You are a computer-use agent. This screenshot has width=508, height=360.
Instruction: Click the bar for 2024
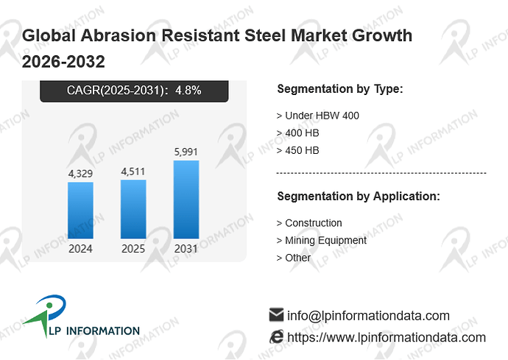click(x=81, y=211)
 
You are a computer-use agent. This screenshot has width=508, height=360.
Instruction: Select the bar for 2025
click(x=133, y=209)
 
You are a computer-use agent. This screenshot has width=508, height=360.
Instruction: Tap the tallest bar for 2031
click(x=186, y=200)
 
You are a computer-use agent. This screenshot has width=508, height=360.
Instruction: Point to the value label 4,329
click(x=80, y=174)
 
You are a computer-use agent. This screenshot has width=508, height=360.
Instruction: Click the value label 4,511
click(x=133, y=172)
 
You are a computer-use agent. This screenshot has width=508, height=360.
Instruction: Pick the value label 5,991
click(x=186, y=152)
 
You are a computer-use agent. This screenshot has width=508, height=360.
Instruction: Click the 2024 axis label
click(x=80, y=249)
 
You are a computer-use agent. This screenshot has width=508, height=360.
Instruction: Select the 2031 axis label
click(x=186, y=249)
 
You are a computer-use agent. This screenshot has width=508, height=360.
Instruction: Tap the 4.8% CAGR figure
click(x=188, y=90)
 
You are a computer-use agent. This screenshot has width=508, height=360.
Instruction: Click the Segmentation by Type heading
click(x=340, y=89)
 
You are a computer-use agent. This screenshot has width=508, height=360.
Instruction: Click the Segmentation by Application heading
click(x=359, y=197)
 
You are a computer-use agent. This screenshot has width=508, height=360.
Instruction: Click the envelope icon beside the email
click(x=276, y=314)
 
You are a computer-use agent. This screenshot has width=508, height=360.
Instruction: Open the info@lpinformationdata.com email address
click(x=368, y=316)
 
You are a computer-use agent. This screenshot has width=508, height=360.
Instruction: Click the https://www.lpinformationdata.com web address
click(x=387, y=338)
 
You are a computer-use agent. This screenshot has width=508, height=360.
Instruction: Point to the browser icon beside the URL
click(x=276, y=336)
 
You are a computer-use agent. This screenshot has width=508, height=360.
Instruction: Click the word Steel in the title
click(x=266, y=35)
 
